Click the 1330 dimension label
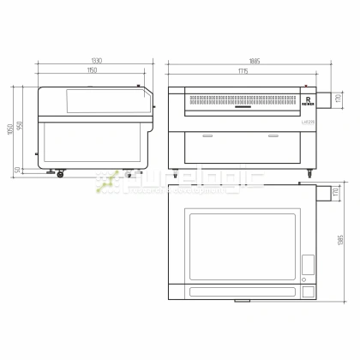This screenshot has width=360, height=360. (x=96, y=61)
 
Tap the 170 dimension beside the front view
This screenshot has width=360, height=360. (x=339, y=101)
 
